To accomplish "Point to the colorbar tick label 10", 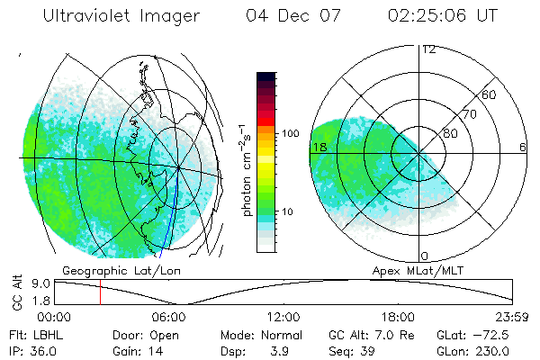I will point(289,211).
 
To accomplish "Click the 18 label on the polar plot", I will point(318,147).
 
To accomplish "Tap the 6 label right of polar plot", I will point(523,147).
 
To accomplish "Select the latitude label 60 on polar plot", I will point(490,94).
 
